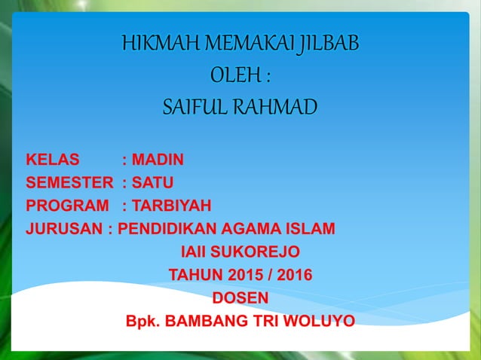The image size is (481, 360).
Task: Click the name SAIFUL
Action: (x=190, y=108)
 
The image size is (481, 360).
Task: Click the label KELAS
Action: (x=53, y=160)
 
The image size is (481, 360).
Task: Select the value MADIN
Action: (x=158, y=160)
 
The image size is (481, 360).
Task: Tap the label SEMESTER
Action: (x=69, y=182)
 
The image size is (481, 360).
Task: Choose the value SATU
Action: (x=153, y=182)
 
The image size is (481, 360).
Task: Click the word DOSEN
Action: (x=240, y=298)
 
